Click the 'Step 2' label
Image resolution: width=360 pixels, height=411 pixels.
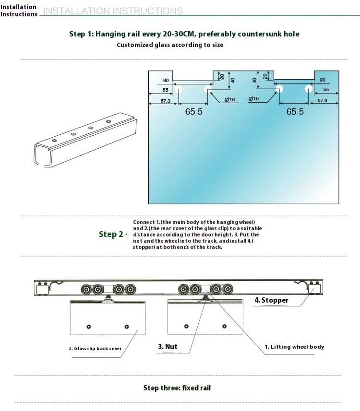point(110,234)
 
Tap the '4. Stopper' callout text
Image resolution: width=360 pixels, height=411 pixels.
point(271,300)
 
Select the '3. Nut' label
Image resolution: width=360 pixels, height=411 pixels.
point(168,346)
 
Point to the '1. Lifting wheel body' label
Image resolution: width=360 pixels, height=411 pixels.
point(294,347)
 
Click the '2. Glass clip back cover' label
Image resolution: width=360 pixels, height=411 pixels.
point(95,349)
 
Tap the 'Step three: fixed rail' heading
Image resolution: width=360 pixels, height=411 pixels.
point(177,388)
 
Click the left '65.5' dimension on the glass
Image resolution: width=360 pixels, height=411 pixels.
point(193,111)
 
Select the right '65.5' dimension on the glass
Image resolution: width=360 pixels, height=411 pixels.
point(295,111)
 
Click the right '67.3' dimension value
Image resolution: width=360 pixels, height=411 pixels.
point(322,101)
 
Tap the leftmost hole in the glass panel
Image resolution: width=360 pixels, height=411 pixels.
point(179,89)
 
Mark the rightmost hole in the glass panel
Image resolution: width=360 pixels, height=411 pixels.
point(308,89)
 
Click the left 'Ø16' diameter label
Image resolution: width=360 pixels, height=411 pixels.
point(230,99)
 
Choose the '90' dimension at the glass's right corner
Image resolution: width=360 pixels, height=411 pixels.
point(322,80)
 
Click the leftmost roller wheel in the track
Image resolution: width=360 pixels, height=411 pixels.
point(86,290)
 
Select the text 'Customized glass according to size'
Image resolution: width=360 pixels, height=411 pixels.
point(170,45)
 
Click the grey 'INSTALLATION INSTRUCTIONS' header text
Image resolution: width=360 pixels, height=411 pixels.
point(113,11)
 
